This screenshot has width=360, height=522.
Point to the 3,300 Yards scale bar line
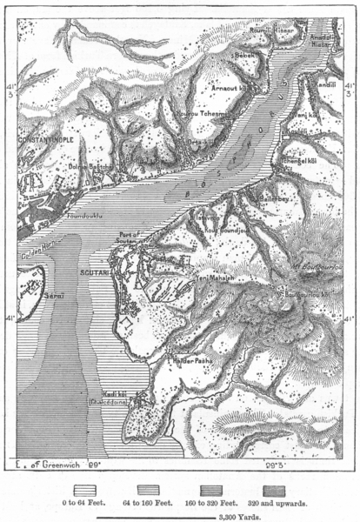pyautogui.click(x=174, y=514)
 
